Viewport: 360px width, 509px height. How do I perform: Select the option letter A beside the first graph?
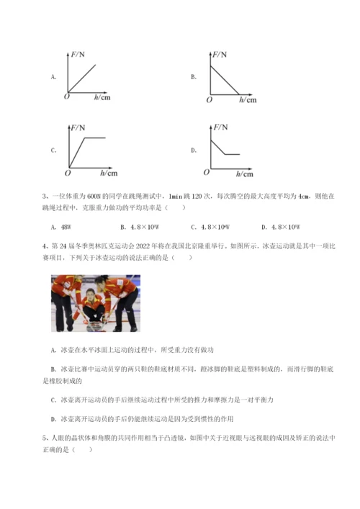click(53, 76)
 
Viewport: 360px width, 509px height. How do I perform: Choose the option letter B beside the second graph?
click(194, 76)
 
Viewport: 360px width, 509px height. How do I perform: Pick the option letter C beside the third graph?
click(53, 150)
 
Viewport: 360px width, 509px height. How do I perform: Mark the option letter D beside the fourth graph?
click(194, 150)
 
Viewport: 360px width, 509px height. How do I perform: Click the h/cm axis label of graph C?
click(109, 174)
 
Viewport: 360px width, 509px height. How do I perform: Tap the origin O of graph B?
click(209, 101)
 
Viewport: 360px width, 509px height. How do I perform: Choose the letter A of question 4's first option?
click(55, 350)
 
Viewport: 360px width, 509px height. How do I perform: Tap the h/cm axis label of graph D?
click(245, 174)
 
